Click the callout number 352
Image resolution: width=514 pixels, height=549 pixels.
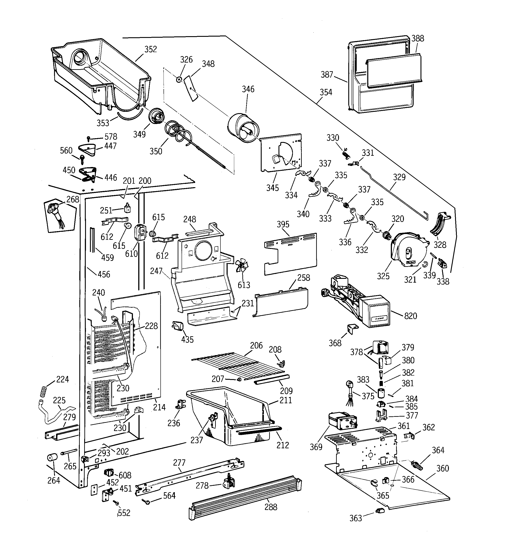151,49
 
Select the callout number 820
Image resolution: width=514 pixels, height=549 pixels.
410,316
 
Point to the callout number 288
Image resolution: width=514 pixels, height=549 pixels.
271,507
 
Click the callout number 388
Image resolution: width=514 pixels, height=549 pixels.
418,38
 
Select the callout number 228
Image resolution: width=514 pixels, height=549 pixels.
151,326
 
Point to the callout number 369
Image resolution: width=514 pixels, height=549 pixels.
316,447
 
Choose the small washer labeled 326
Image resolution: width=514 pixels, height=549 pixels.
179,80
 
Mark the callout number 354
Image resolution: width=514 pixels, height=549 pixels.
326,92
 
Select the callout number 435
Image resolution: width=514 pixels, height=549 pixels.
187,339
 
